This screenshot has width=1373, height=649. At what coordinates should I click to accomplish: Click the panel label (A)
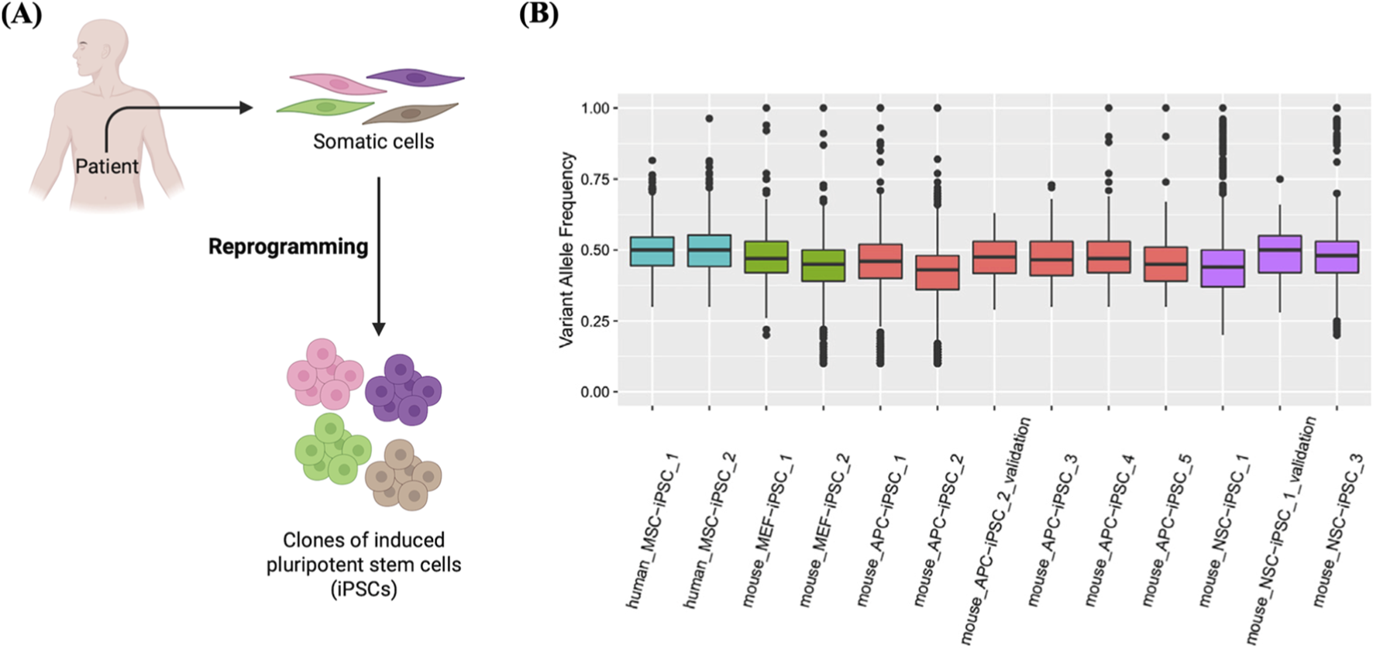tap(21, 14)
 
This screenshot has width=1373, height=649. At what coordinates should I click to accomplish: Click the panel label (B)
tap(539, 14)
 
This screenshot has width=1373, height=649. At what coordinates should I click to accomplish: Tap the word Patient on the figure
tap(107, 167)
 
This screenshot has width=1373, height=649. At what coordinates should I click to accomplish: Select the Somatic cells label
tap(373, 142)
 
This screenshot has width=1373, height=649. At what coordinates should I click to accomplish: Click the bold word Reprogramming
tap(288, 247)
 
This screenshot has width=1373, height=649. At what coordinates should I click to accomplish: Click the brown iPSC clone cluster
tap(404, 474)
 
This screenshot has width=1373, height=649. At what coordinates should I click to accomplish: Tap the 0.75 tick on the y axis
tap(595, 180)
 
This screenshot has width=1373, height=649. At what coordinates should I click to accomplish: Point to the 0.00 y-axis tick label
tap(595, 393)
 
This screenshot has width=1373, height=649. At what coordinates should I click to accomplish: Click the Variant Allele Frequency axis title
tap(567, 249)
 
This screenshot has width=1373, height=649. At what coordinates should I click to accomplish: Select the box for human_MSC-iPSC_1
tap(652, 251)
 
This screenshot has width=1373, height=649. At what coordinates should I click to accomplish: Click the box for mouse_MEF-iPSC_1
tap(766, 257)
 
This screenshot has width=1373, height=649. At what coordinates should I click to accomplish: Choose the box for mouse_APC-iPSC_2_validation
tap(994, 257)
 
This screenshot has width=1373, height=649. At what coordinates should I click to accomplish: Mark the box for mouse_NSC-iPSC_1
tap(1223, 269)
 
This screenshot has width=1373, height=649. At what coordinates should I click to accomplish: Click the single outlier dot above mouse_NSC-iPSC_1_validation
tap(1280, 180)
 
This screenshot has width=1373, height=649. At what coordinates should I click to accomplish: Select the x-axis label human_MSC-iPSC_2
tap(711, 531)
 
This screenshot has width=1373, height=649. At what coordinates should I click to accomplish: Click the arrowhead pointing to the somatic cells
tap(246, 108)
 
